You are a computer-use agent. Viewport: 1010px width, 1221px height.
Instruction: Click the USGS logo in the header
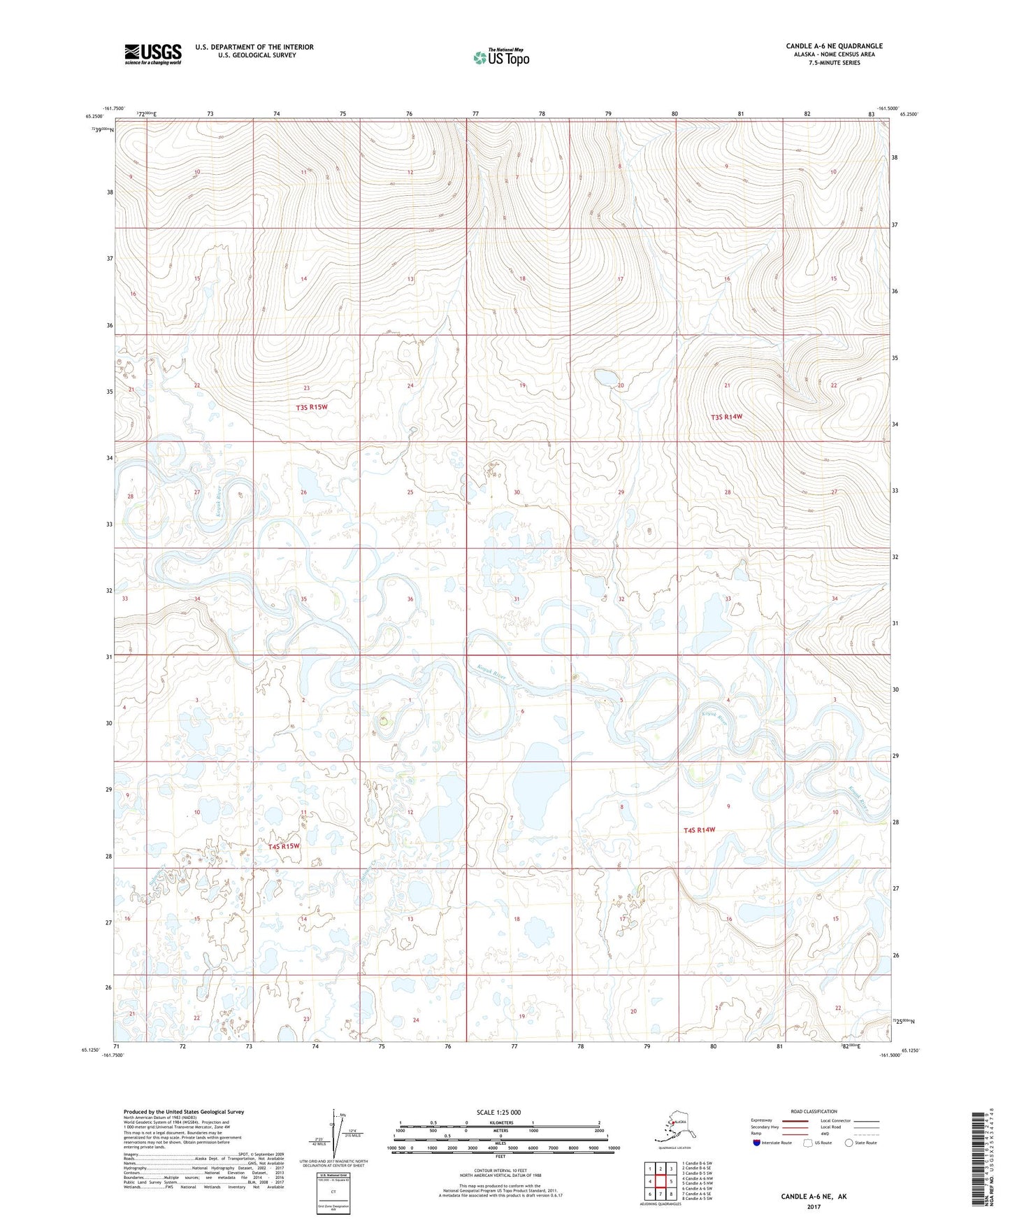click(x=152, y=54)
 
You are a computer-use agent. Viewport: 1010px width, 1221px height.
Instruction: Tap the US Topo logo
click(x=500, y=57)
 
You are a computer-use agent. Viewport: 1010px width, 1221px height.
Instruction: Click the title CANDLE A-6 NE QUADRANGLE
click(x=834, y=46)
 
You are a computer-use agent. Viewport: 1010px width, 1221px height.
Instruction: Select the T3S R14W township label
click(x=726, y=417)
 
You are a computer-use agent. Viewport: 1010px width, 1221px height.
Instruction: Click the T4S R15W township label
click(x=284, y=846)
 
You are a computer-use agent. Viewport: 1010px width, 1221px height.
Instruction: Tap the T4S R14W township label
click(x=699, y=830)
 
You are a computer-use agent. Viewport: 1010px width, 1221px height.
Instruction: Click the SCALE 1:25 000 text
click(x=500, y=1112)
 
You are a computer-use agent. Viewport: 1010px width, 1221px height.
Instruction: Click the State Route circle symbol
click(x=849, y=1143)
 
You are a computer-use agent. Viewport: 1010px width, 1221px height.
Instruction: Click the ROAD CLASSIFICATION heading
click(x=814, y=1111)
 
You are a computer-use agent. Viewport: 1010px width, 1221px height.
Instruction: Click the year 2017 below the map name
click(x=813, y=1206)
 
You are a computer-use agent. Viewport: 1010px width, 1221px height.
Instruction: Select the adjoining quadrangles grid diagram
click(x=660, y=1181)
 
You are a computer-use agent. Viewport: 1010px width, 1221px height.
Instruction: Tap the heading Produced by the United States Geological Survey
click(x=184, y=1111)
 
